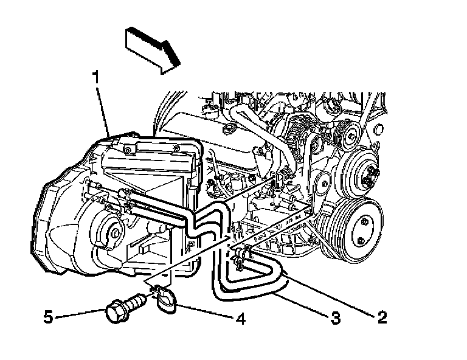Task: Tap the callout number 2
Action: click(382, 317)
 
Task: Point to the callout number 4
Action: click(241, 318)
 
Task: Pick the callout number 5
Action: click(49, 316)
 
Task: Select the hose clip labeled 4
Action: click(162, 299)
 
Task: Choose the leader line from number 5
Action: click(79, 315)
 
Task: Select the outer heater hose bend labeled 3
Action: click(255, 296)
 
